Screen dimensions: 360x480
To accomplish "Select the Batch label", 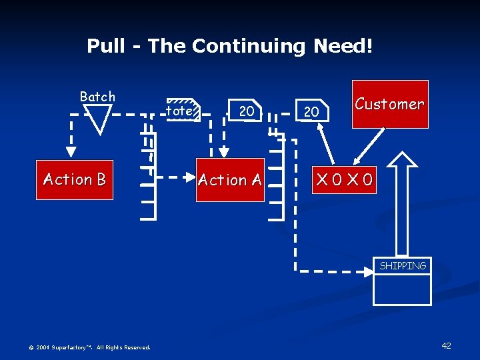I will [x=97, y=97].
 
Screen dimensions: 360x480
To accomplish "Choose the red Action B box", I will [x=75, y=179].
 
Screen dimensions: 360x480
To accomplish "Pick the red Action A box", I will [x=230, y=180].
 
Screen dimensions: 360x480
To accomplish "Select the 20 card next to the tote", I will [x=247, y=111].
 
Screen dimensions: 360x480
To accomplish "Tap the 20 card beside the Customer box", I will [x=311, y=111].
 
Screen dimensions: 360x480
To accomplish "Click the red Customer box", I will [x=390, y=104].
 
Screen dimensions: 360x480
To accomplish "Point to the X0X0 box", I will [x=345, y=179].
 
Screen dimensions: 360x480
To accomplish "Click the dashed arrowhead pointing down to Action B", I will [x=69, y=153].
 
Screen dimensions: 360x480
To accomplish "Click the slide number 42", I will [x=446, y=345].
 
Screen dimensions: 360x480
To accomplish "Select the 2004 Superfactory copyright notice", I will [x=90, y=347].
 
